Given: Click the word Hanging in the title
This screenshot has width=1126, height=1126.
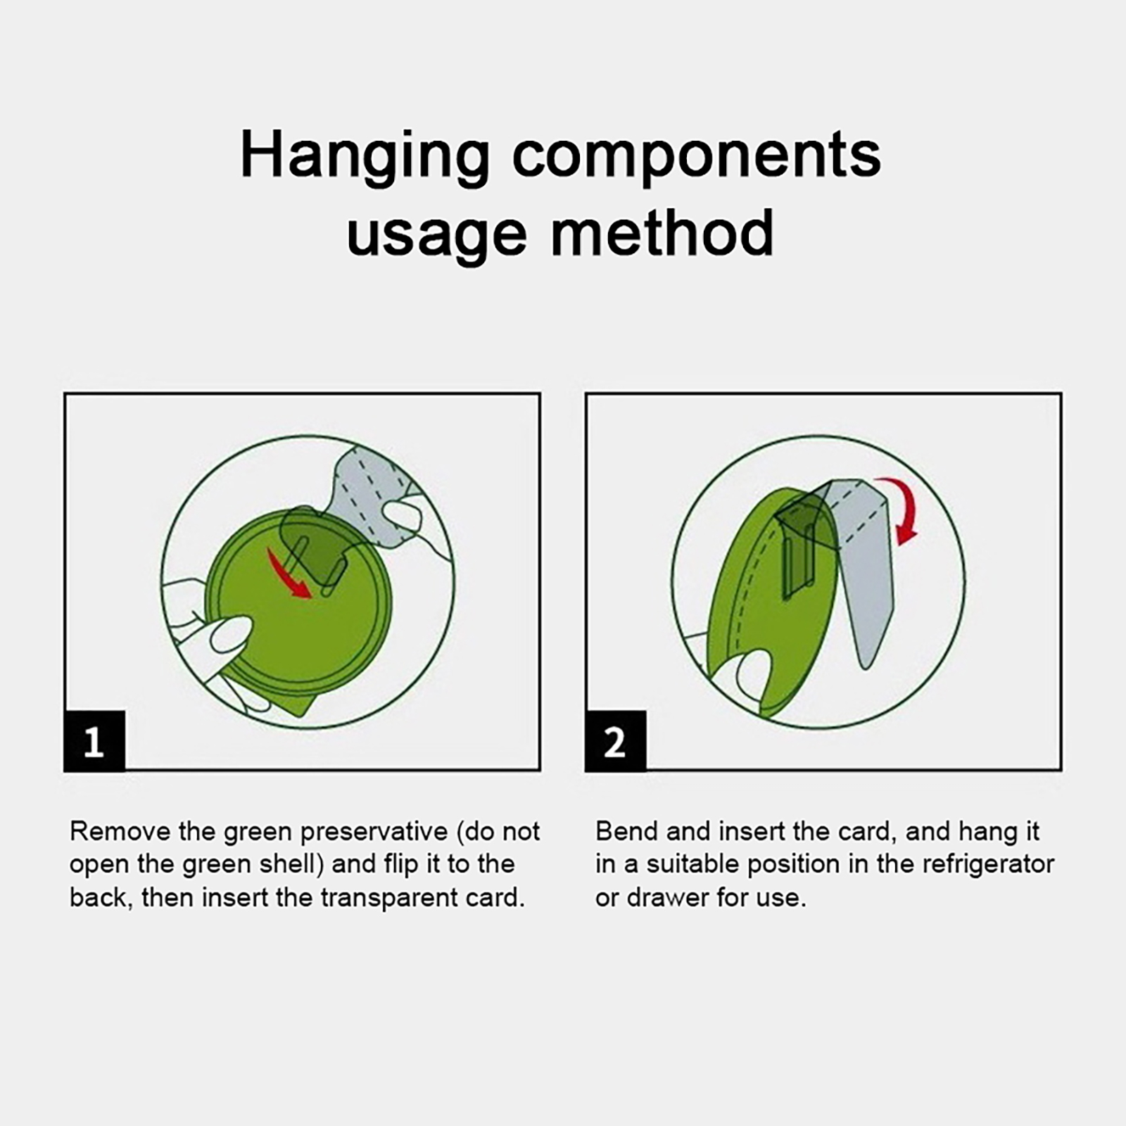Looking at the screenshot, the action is click(365, 157).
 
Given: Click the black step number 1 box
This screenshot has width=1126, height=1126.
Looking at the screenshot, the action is click(94, 741).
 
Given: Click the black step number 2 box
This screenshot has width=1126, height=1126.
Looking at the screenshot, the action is click(615, 741).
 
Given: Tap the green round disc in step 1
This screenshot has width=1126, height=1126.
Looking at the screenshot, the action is click(299, 609).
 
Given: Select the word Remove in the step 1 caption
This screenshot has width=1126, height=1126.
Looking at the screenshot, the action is click(120, 831).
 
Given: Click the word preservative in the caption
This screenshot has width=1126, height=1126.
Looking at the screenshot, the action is click(374, 832).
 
